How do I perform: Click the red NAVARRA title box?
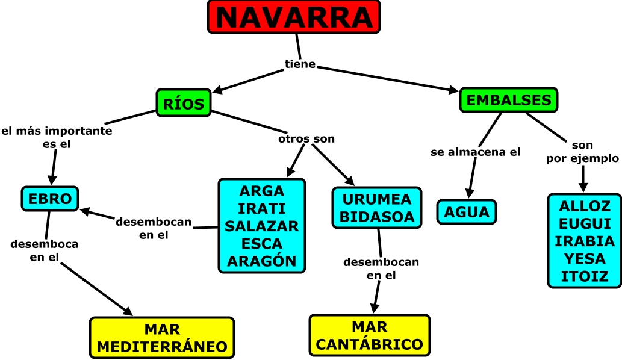pyautogui.click(x=294, y=17)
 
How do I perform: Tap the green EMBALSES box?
pyautogui.click(x=509, y=100)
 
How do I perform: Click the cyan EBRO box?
pyautogui.click(x=50, y=199)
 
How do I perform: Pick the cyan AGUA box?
pyautogui.click(x=467, y=212)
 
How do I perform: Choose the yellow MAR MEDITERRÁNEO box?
pyautogui.click(x=162, y=338)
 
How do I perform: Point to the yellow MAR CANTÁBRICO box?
pyautogui.click(x=370, y=335)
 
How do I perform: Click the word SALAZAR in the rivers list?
pyautogui.click(x=261, y=226)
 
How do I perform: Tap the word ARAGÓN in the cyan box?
pyautogui.click(x=261, y=261)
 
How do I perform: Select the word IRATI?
pyautogui.click(x=261, y=208)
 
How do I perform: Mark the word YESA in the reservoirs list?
pyautogui.click(x=584, y=259)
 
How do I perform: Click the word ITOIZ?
pyautogui.click(x=584, y=276)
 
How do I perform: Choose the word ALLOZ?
pyautogui.click(x=584, y=206)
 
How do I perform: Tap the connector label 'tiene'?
pyautogui.click(x=300, y=64)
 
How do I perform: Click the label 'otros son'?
pyautogui.click(x=306, y=139)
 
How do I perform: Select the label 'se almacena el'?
pyautogui.click(x=475, y=152)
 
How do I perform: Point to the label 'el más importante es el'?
pyautogui.click(x=57, y=137)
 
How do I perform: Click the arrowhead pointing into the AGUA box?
pyautogui.click(x=467, y=191)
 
